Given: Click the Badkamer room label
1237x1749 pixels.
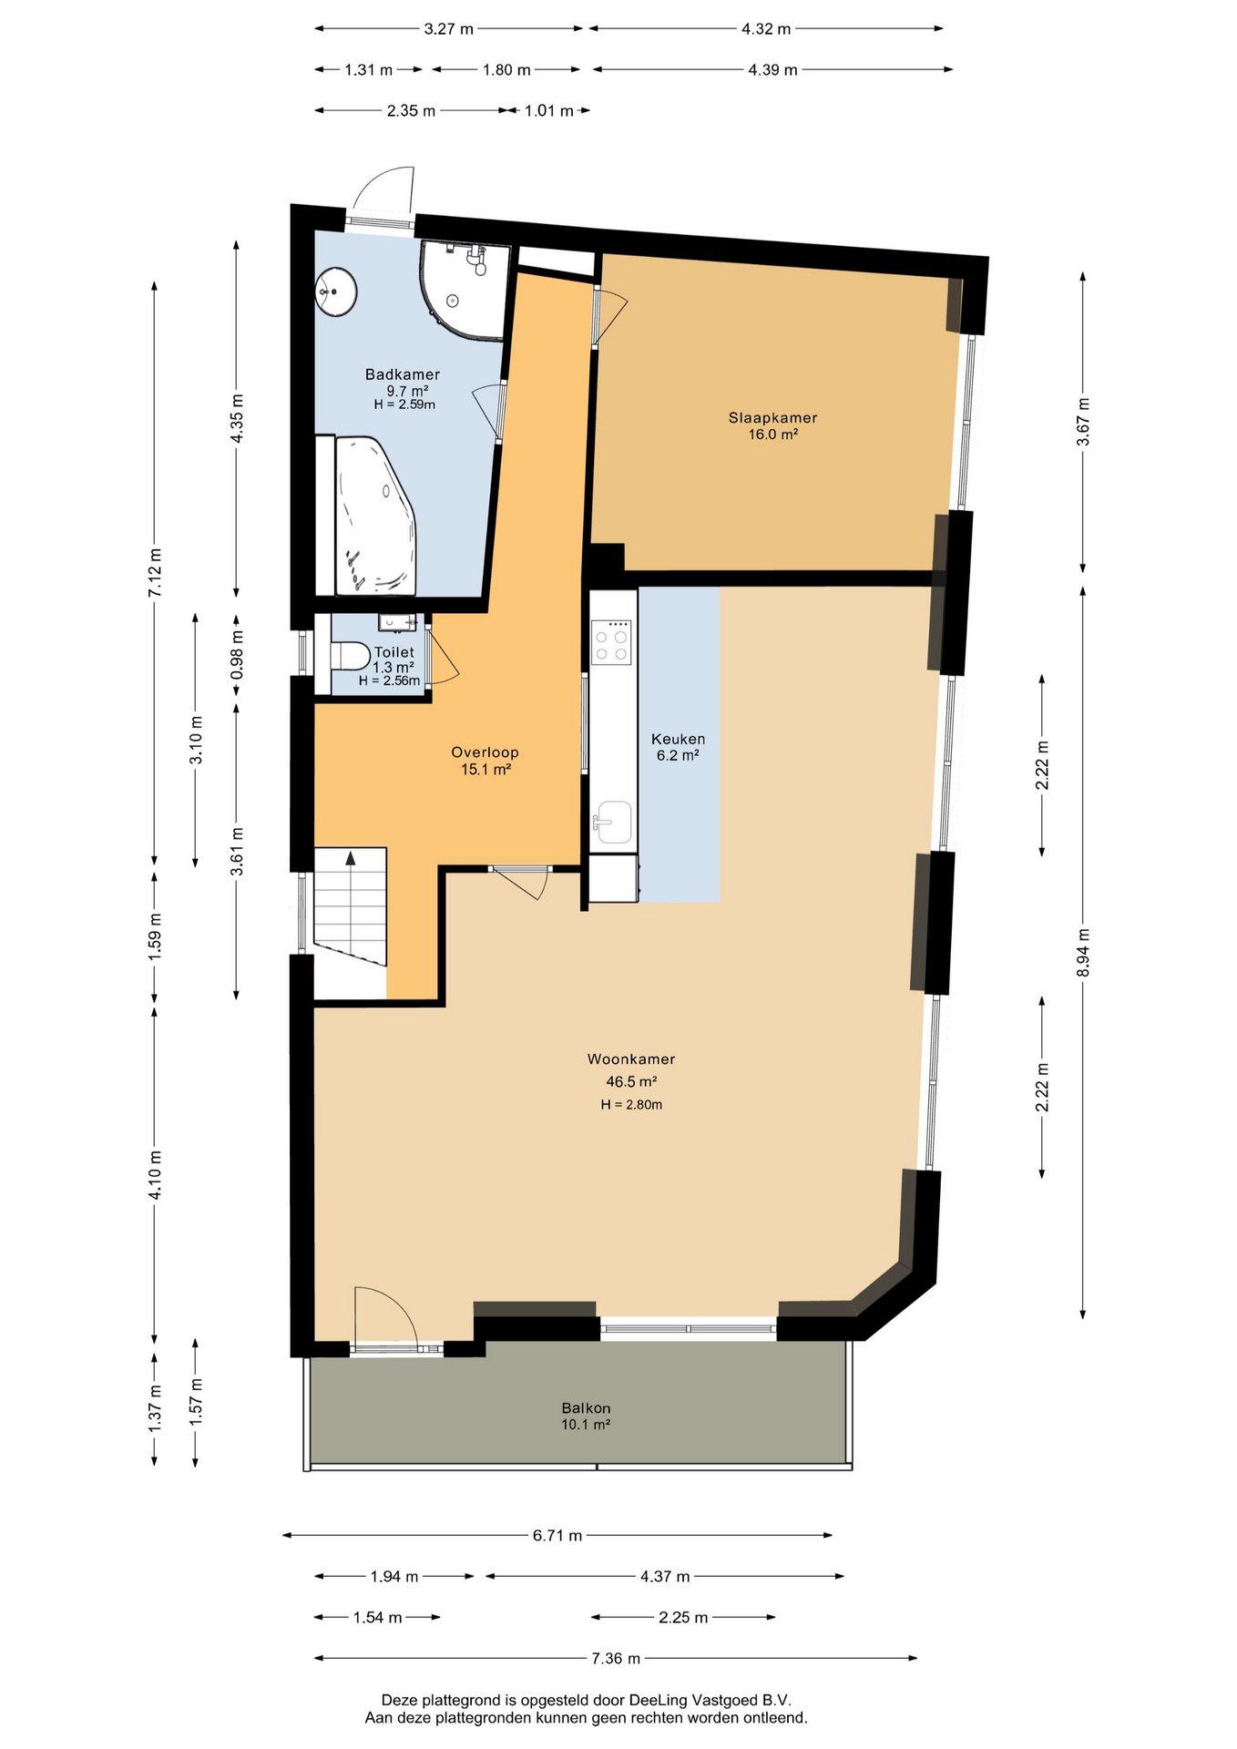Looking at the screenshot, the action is tap(402, 374).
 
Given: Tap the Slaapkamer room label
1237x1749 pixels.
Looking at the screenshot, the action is tap(772, 418).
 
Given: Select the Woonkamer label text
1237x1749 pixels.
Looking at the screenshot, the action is tap(631, 1059).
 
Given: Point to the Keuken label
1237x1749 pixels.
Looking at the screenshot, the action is tap(678, 740).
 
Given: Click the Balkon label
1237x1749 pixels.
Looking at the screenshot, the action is tap(586, 1408).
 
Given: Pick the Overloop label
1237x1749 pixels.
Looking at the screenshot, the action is tap(485, 752).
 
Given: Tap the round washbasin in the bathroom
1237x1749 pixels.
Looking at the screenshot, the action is tap(335, 291).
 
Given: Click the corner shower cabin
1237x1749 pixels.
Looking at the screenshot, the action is tap(462, 289).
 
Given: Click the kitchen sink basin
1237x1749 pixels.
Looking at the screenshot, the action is tap(613, 823).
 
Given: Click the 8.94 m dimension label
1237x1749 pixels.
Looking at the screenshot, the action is tap(1083, 952).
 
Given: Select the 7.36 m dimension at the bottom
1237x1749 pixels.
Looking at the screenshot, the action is tap(616, 1658).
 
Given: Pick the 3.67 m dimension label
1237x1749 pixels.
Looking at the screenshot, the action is tap(1083, 422).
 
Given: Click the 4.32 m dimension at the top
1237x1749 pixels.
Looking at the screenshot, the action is tap(766, 29).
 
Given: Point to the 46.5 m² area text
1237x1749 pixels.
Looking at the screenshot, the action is tap(631, 1082).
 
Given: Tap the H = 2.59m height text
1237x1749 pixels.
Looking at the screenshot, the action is tap(404, 404).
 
